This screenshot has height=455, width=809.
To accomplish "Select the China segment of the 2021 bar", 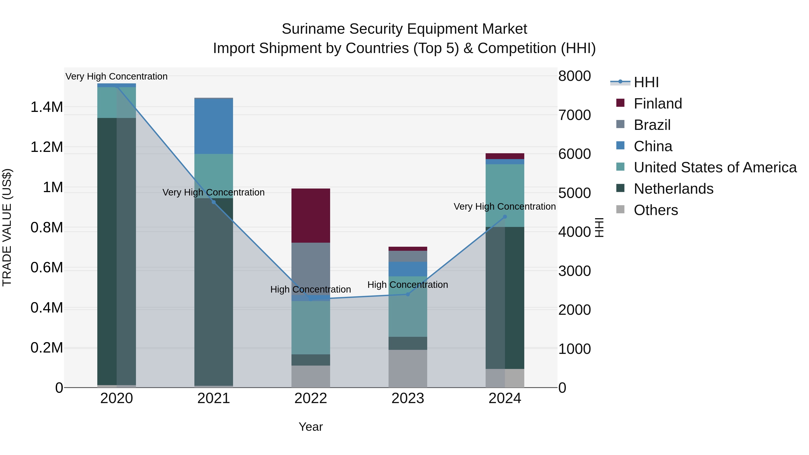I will (213, 126).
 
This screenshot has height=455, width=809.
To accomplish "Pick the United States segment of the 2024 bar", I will (505, 195).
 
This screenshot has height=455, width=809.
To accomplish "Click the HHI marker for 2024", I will (505, 217).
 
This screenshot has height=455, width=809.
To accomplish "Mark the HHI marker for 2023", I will (408, 294).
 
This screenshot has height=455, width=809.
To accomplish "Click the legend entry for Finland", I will (658, 104).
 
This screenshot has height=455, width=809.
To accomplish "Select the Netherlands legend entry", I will (673, 189).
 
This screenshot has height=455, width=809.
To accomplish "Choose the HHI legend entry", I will (646, 82).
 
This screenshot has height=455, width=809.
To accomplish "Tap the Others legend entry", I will (656, 210).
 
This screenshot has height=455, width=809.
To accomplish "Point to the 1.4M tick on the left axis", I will (47, 107).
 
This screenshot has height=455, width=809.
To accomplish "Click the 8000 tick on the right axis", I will (574, 76).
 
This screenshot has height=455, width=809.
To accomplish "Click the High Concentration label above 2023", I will (408, 285).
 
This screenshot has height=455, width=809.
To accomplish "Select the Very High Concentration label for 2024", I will (505, 207).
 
